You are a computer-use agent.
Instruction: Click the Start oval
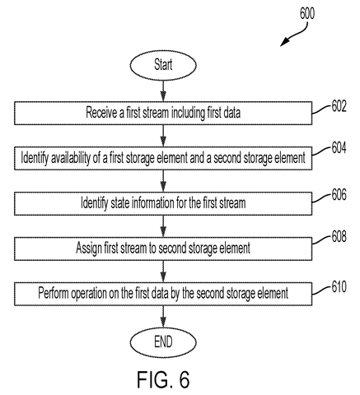[163, 65]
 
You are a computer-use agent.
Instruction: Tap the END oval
[163, 342]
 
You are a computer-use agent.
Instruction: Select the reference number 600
[307, 13]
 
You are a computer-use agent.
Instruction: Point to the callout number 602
[339, 106]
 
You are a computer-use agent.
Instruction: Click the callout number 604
[339, 148]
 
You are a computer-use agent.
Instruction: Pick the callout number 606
[339, 195]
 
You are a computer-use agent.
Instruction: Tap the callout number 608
[339, 237]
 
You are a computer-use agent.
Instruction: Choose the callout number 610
[339, 287]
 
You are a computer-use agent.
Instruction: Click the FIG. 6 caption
[163, 379]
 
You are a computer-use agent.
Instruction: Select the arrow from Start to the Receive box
[163, 91]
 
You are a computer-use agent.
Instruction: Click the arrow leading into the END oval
[163, 316]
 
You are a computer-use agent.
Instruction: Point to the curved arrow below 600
[294, 35]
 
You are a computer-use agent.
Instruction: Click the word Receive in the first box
[101, 113]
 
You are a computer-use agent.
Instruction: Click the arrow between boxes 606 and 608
[163, 226]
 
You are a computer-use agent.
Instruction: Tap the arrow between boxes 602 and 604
[163, 136]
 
